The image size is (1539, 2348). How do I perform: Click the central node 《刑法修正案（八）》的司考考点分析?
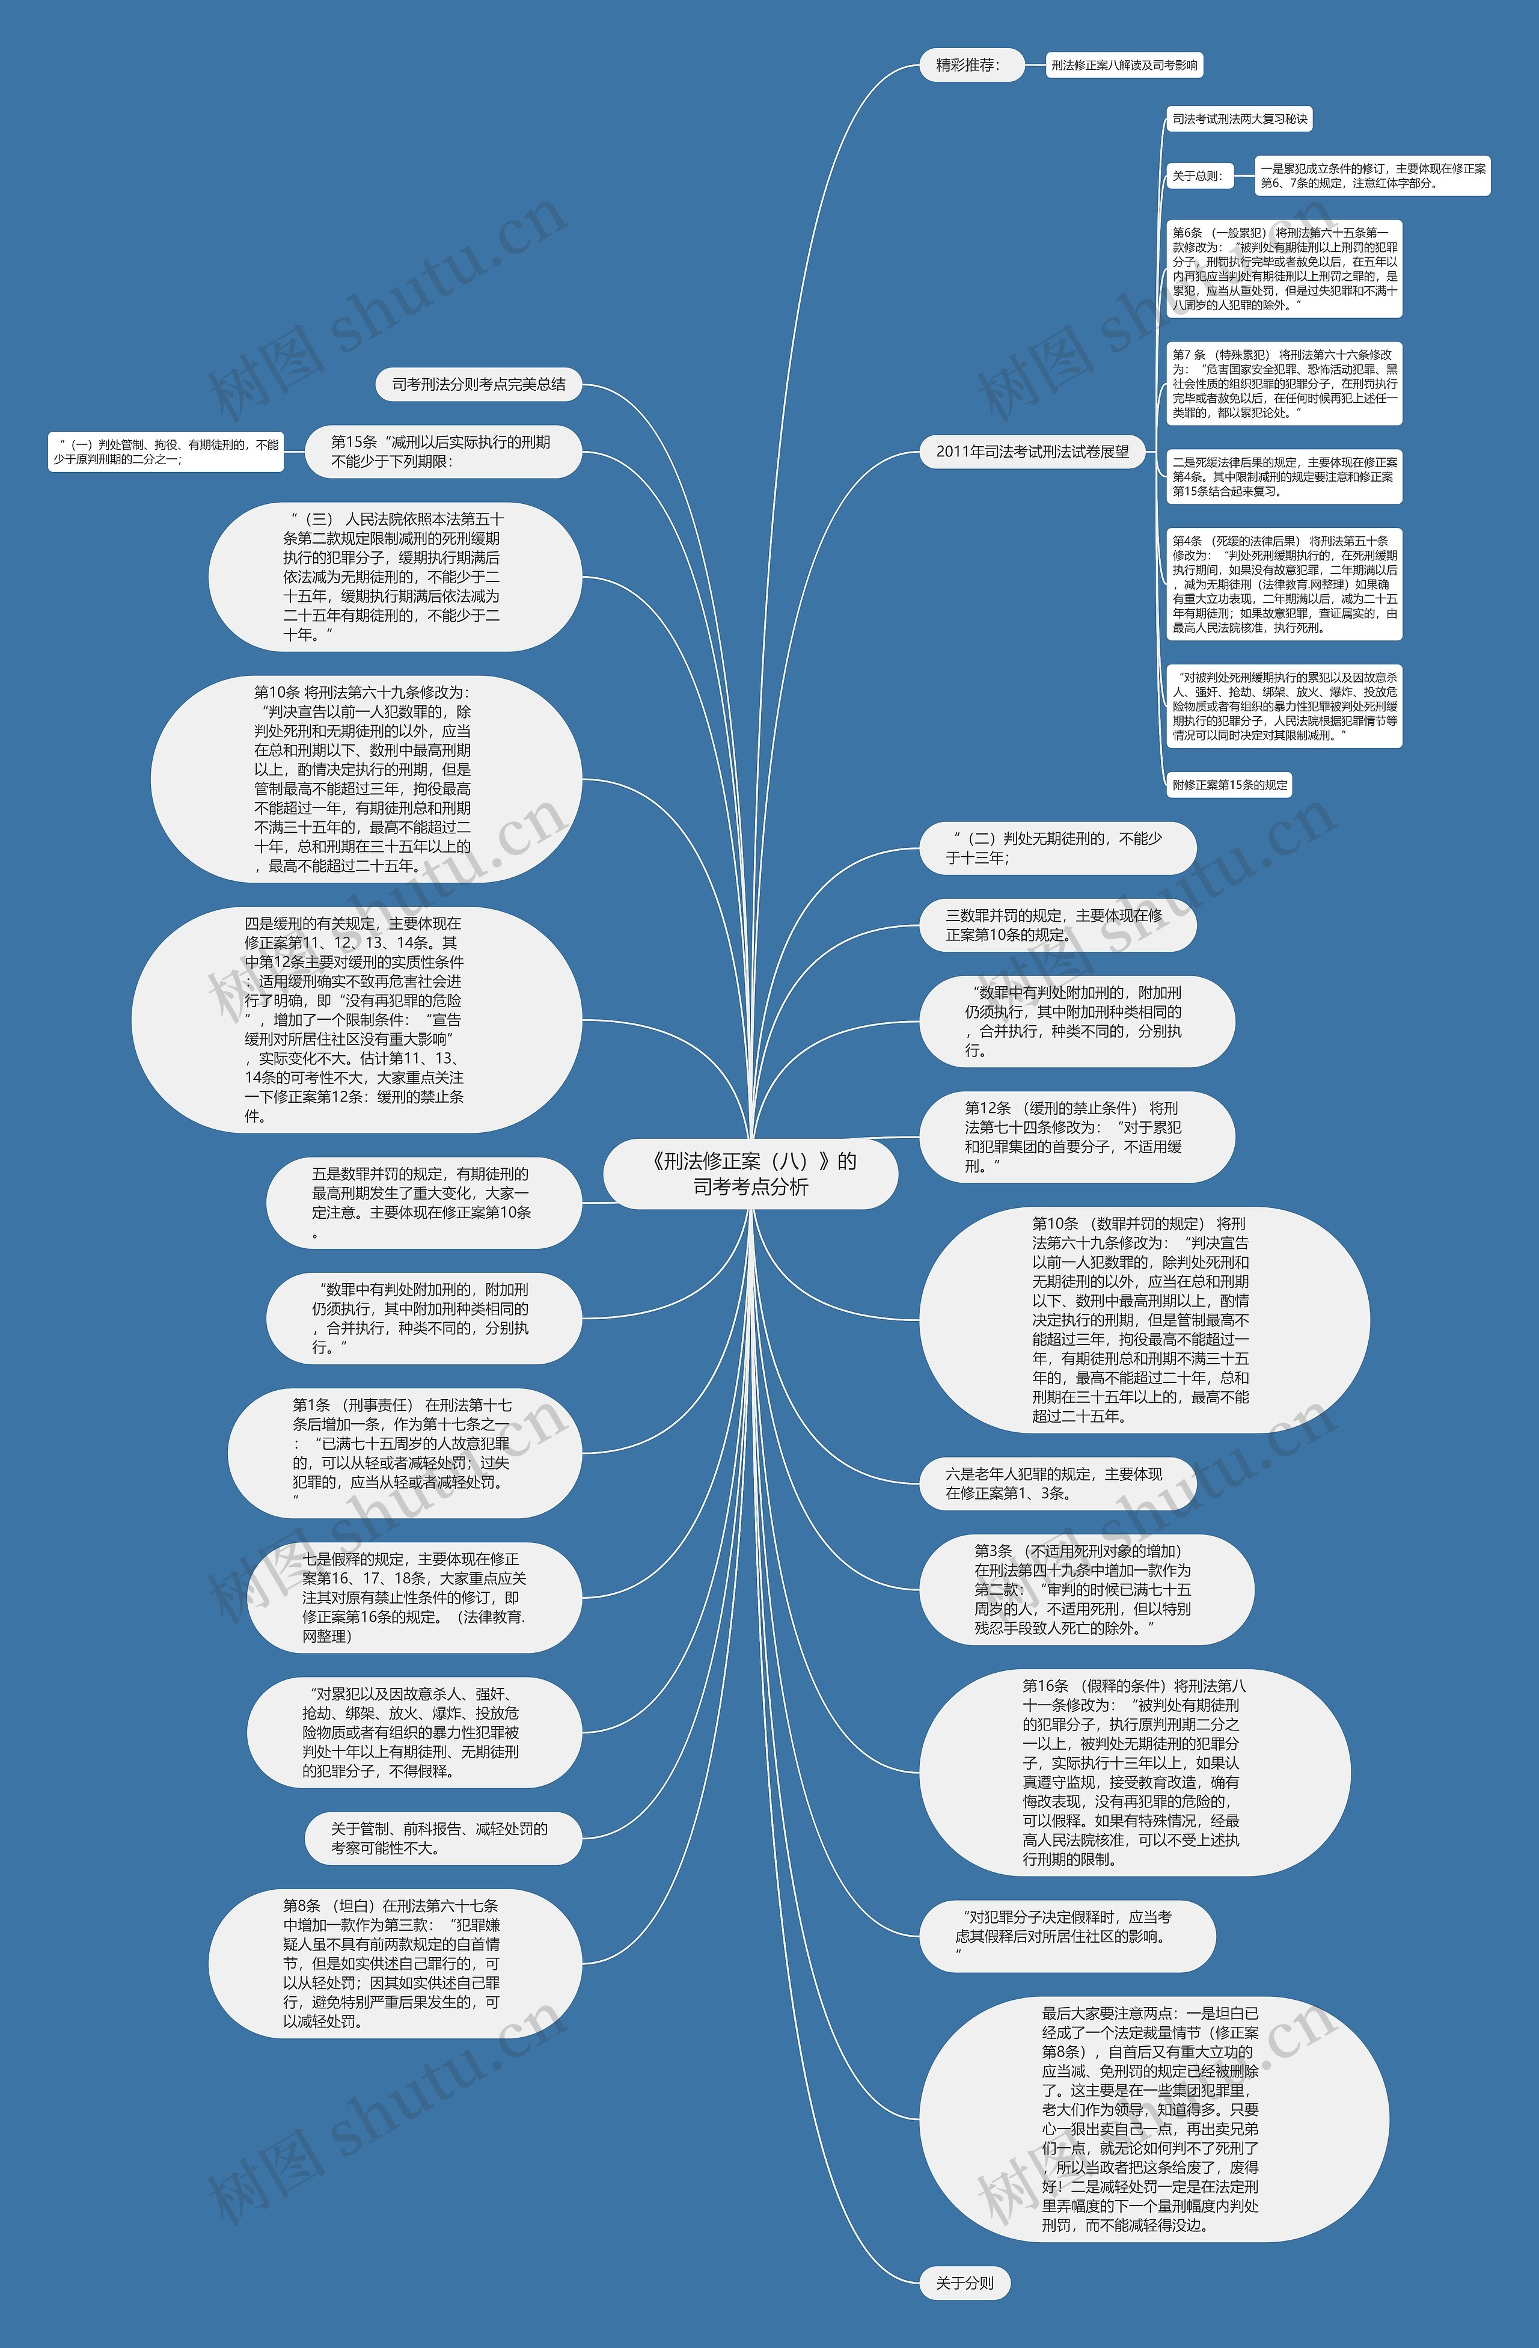coord(751,1173)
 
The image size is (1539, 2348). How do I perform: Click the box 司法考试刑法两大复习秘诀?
coord(1239,120)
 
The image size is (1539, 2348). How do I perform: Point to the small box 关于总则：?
coord(1198,176)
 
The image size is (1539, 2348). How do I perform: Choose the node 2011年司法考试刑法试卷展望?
coord(1032,452)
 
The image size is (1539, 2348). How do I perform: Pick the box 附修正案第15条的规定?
coord(1229,785)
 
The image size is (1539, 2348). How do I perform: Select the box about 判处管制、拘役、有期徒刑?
coord(166,452)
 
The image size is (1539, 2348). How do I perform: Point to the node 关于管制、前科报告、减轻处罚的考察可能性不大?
coord(441,1838)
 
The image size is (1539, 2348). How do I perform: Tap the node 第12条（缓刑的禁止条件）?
coord(1075,1136)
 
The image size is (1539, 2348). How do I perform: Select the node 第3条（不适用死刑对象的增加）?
coord(1085,1589)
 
